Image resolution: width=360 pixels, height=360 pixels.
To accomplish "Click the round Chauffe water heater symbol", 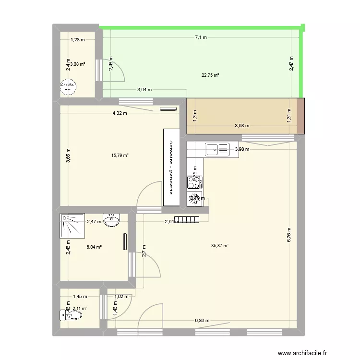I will pos(68,87).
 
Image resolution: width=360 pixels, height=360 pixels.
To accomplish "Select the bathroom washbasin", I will pos(113,219).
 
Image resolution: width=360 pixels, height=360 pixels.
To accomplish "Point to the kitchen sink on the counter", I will pos(217,150).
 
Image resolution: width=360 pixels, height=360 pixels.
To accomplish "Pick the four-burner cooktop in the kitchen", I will pos(194,182).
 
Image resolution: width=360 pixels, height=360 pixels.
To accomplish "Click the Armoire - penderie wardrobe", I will pos(170,168).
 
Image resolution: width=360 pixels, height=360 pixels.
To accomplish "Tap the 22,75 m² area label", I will pos(211,75).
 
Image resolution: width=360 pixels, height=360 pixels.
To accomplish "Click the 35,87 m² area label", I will pos(220,246).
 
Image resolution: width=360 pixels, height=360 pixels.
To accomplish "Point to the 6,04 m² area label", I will pos(94,247).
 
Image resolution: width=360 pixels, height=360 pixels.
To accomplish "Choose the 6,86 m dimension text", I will pos(202,321).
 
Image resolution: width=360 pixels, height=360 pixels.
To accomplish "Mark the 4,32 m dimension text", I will pos(120,113).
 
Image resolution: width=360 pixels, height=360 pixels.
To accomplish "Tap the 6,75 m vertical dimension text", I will pos(289,235).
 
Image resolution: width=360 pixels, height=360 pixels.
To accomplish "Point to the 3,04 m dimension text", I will pos(144,89).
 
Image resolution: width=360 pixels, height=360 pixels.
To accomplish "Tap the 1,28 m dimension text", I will pos(78,40).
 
